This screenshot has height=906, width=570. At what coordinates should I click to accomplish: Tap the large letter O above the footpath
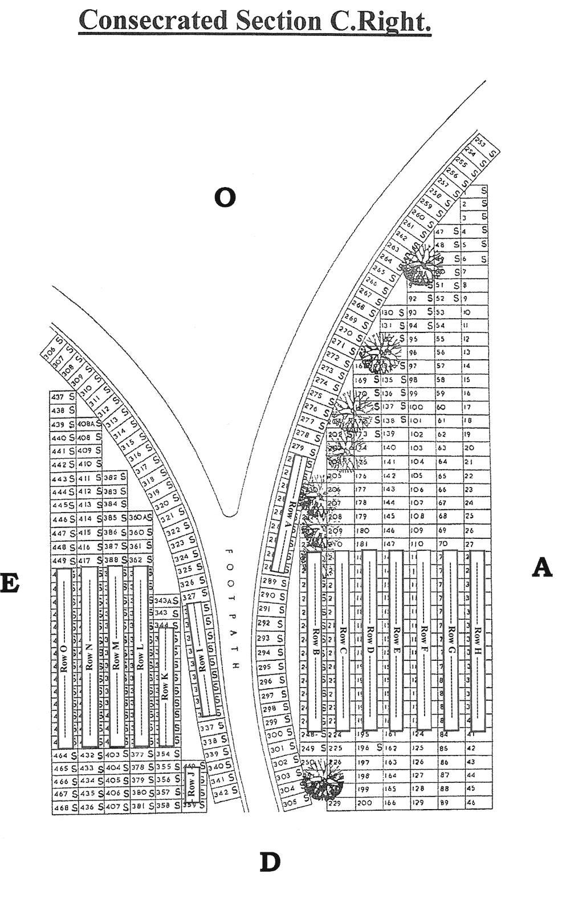225,197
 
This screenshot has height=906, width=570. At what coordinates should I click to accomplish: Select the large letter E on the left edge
10,584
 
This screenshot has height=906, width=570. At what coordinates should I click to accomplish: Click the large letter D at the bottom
271,863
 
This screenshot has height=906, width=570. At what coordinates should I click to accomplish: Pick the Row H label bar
477,640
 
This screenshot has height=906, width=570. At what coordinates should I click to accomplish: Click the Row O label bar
64,659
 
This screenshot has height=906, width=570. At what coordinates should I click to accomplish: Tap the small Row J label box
192,786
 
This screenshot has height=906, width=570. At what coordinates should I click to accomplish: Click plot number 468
60,808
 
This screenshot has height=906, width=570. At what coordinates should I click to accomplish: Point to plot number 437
58,397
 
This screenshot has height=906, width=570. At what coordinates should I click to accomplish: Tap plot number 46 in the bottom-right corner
471,803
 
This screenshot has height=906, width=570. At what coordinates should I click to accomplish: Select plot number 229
335,803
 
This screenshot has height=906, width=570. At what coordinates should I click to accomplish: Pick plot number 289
270,582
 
